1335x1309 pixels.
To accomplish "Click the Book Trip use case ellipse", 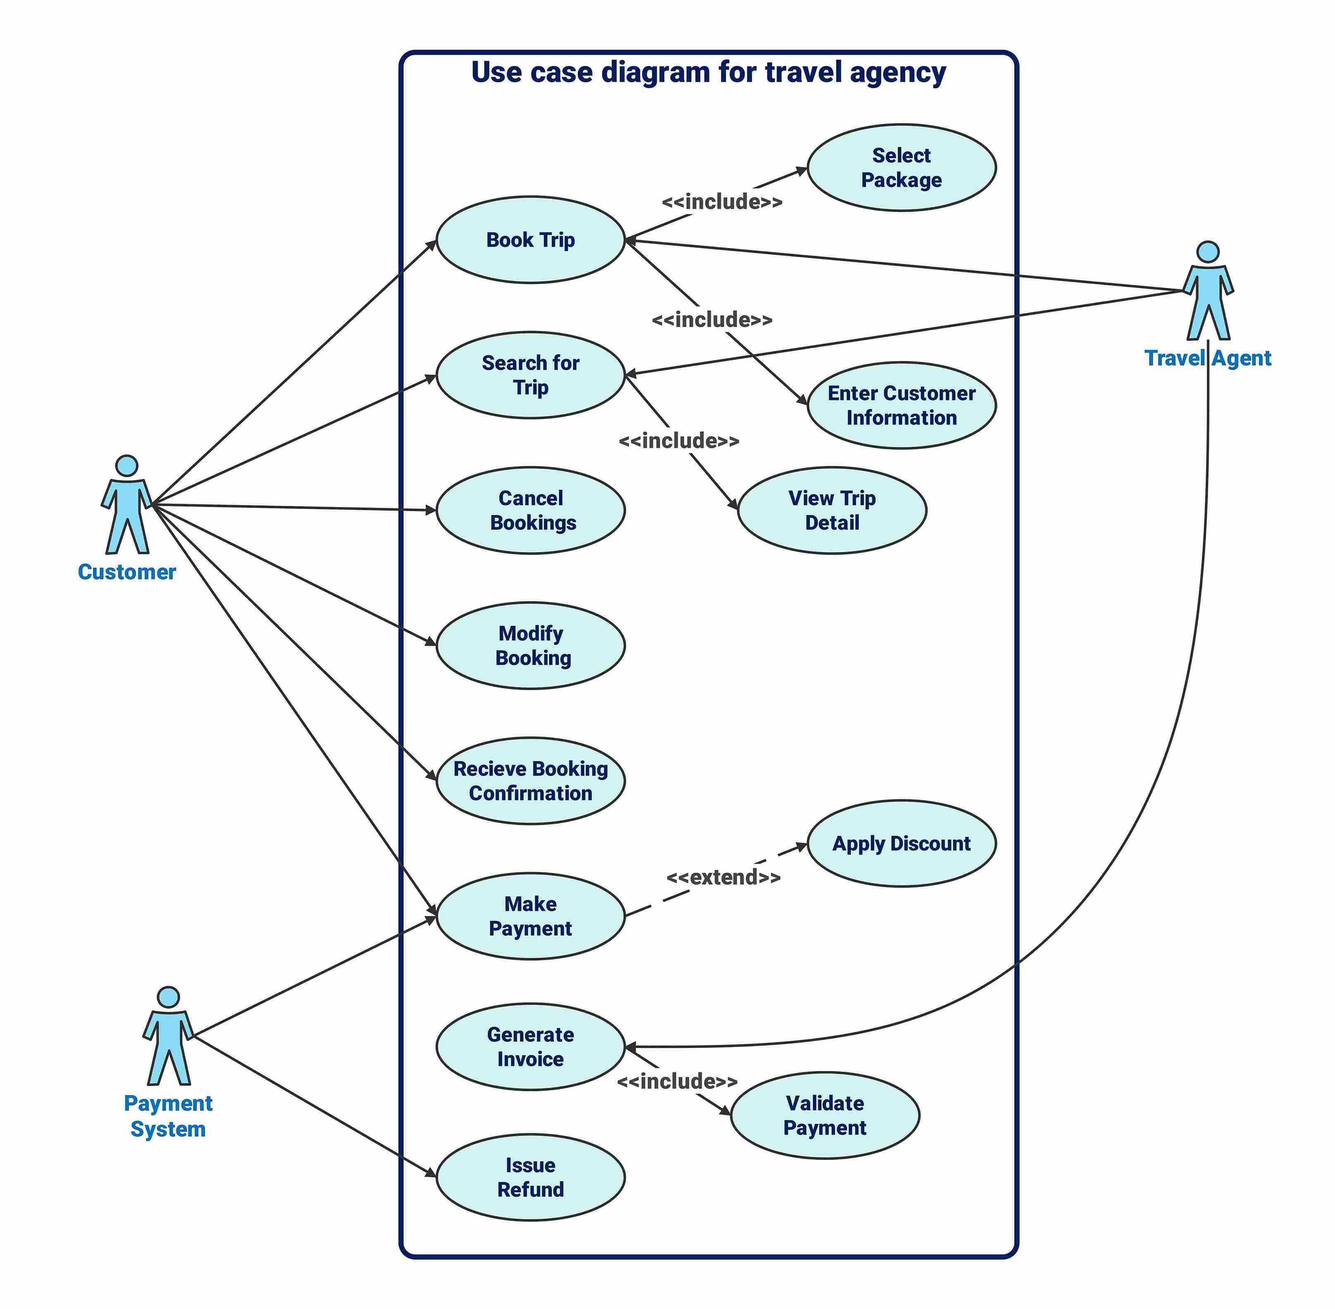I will pyautogui.click(x=530, y=240).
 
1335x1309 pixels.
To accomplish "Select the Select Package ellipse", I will pyautogui.click(x=901, y=168).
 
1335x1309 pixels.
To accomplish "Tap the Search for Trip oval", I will pyautogui.click(x=530, y=375).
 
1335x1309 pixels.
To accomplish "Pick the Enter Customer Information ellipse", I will pyautogui.click(x=901, y=406).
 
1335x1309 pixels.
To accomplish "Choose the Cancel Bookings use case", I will pyautogui.click(x=530, y=510).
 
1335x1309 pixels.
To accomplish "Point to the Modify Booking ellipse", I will pyautogui.click(x=530, y=645).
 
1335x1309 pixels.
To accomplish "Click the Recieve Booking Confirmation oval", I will pyautogui.click(x=530, y=781).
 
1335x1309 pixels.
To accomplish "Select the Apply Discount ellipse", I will pyautogui.click(x=901, y=844).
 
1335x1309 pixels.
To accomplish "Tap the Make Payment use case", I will pyautogui.click(x=530, y=916).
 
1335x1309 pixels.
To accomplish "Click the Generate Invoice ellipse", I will pyautogui.click(x=530, y=1047).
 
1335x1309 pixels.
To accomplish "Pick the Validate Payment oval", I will pyautogui.click(x=824, y=1115).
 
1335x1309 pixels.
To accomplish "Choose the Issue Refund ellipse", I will pyautogui.click(x=530, y=1178).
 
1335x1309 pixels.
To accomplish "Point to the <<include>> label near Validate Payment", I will pyautogui.click(x=677, y=1081).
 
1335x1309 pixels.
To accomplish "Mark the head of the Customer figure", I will pyautogui.click(x=126, y=465).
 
